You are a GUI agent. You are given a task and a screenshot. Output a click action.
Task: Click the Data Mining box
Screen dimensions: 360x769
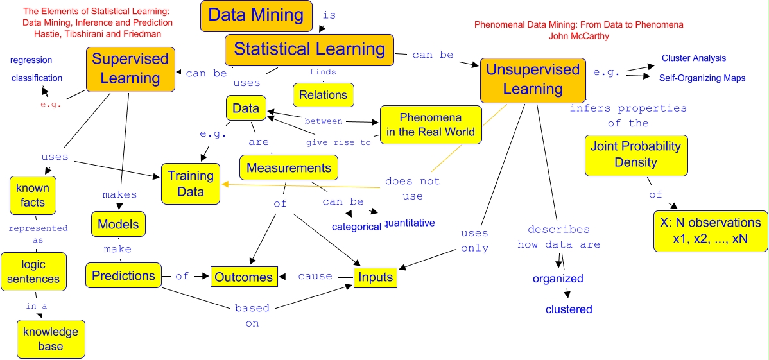point(256,15)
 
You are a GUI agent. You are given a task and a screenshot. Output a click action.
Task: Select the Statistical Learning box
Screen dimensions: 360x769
point(309,49)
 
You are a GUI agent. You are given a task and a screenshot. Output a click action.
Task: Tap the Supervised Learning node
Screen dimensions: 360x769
point(130,69)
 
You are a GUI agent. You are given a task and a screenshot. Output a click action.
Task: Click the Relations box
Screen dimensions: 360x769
point(323,95)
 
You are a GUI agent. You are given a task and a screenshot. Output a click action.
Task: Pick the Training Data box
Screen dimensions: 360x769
point(191,184)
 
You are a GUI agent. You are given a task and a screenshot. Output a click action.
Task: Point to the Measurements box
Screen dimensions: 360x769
point(289,168)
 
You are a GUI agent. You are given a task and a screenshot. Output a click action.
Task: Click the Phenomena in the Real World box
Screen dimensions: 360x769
point(430,125)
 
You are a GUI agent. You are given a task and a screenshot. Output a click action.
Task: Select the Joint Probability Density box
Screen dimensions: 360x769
point(626,155)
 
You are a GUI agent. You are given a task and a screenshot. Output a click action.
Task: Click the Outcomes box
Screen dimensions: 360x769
point(244,277)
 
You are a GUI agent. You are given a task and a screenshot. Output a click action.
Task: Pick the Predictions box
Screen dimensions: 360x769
point(123,276)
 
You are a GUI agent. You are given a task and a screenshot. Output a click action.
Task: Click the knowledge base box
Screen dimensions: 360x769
point(51,339)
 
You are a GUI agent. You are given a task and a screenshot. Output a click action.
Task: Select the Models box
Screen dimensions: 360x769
point(119,225)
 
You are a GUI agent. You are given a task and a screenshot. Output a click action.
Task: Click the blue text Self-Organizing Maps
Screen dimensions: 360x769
point(702,78)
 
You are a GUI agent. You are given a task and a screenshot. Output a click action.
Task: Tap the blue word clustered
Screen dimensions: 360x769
point(569,309)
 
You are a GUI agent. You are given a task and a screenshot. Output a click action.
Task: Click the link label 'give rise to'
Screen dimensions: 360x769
point(338,142)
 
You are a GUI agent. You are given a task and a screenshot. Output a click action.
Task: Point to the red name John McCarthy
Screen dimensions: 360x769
point(578,36)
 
